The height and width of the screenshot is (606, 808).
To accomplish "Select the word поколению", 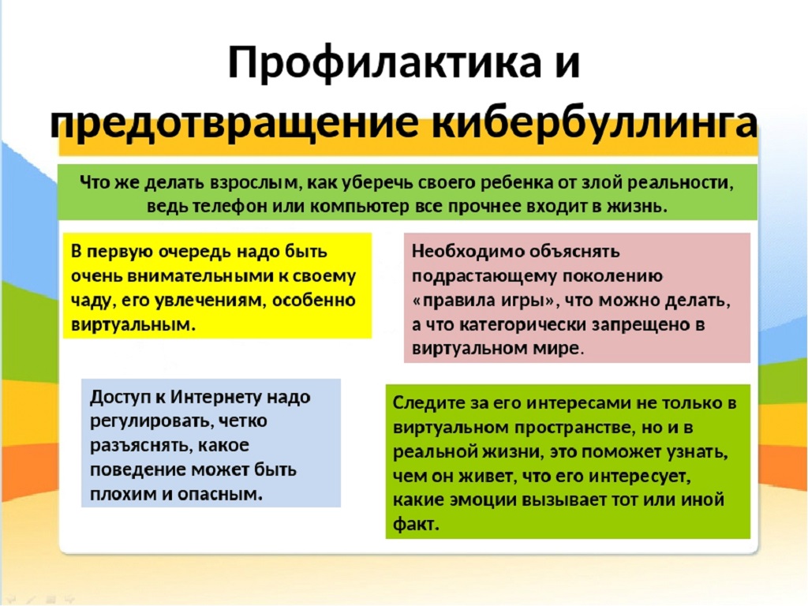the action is [x=612, y=276].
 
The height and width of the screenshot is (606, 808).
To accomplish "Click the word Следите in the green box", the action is [x=428, y=403].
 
